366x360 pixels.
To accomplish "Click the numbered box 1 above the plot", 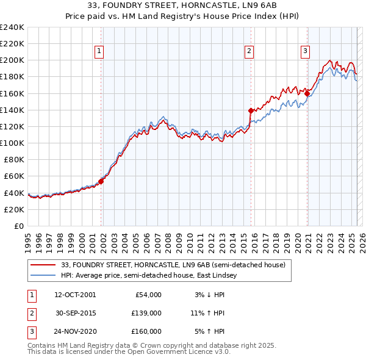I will [x=99, y=51].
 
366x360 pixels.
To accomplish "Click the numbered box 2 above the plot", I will [x=249, y=51].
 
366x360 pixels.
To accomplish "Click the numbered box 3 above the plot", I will [x=304, y=51].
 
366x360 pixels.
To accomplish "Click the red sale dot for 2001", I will [x=101, y=181].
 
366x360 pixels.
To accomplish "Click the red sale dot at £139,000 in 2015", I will [x=251, y=110].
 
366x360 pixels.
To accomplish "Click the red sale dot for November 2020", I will [x=307, y=93].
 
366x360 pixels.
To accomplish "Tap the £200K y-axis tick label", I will [x=12, y=60].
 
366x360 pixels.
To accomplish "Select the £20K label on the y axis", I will [x=14, y=209].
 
